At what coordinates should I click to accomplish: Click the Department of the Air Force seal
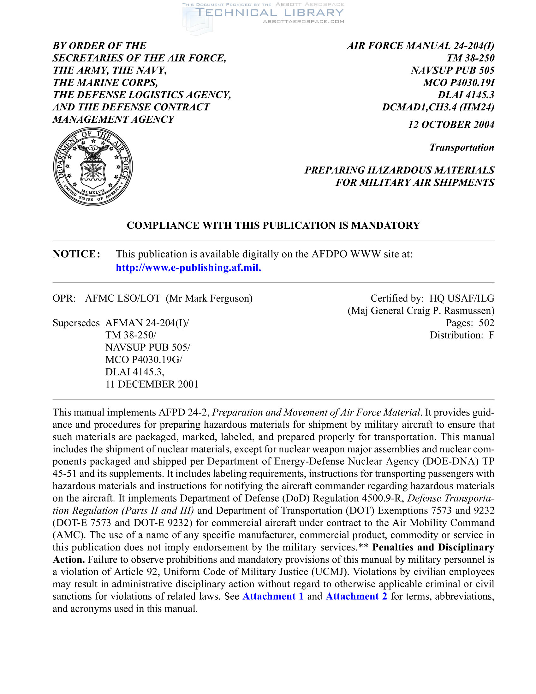tap(93, 166)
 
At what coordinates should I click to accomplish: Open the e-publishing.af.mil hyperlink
tap(188, 268)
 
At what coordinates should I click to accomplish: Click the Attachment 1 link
tap(273, 596)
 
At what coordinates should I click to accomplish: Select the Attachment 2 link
tap(356, 596)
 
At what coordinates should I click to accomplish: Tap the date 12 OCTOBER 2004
tap(451, 125)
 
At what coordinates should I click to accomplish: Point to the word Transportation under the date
tap(462, 147)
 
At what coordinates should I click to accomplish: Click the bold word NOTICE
tap(76, 254)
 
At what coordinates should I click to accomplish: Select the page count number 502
tap(486, 323)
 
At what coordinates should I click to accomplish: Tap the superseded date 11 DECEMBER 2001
tap(152, 384)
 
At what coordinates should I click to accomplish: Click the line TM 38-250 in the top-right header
tap(471, 58)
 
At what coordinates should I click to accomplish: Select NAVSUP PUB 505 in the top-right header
tap(452, 70)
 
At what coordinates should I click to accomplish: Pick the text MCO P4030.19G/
tap(144, 360)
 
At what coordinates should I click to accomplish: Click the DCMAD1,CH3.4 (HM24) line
tap(438, 107)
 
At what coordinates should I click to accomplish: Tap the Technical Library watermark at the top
tap(269, 13)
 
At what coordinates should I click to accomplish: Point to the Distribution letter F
tap(491, 335)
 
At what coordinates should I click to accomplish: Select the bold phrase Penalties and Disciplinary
tap(433, 547)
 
